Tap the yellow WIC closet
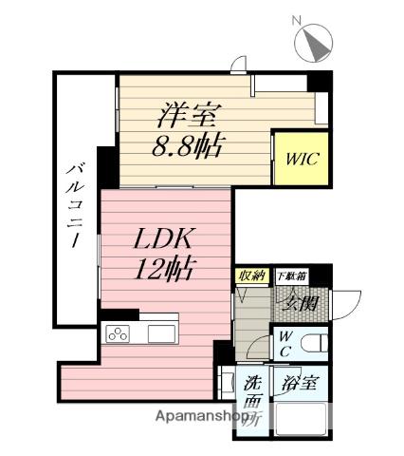click(300, 158)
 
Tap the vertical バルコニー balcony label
click(73, 204)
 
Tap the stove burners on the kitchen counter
click(119, 334)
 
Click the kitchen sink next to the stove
click(159, 334)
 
